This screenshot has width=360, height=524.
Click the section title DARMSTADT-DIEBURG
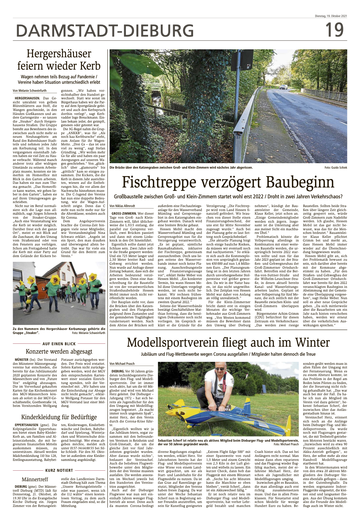pos(105,31)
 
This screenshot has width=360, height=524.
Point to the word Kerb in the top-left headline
pos(91,66)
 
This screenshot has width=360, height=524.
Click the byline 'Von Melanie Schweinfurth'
pos(29,91)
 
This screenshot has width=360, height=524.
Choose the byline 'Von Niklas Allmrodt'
pos(122,206)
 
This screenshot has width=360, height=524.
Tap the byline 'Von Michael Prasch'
pos(122,364)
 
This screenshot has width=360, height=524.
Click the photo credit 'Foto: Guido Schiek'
pos(336,168)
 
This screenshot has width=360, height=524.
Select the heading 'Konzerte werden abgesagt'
pos(59,351)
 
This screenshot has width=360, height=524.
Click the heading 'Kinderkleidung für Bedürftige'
pos(59,417)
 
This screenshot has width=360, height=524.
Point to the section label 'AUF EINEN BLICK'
pos(59,344)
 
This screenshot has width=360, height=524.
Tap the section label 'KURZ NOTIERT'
pos(59,470)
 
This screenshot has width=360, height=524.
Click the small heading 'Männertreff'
pos(35,479)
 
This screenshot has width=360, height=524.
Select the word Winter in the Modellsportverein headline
pos(312,343)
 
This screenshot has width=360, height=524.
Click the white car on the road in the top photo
pos(283,87)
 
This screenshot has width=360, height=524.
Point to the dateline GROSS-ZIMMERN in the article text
pos(124,214)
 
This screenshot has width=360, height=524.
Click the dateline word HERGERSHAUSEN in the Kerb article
pos(27,98)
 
